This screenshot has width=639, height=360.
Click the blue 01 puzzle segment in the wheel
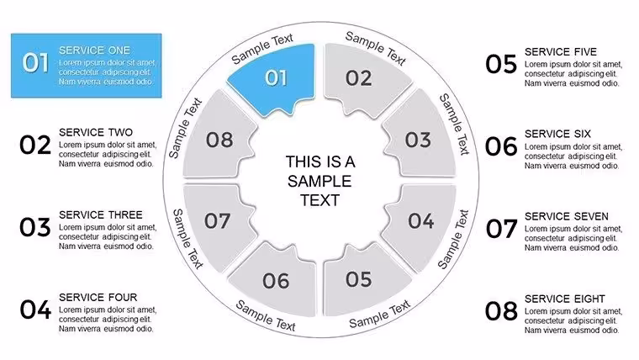tap(277, 78)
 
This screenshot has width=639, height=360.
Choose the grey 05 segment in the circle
tap(362, 281)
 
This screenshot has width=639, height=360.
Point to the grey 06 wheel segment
tap(277, 282)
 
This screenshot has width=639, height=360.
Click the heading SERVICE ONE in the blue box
tap(94, 50)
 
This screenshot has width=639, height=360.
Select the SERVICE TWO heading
tap(96, 133)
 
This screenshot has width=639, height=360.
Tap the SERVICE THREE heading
tap(101, 214)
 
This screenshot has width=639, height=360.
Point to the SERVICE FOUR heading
tap(98, 297)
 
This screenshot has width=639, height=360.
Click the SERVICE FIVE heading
tap(561, 52)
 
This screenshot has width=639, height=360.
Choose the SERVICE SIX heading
tap(557, 134)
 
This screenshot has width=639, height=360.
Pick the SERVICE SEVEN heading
tap(567, 216)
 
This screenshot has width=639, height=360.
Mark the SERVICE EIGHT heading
tap(565, 299)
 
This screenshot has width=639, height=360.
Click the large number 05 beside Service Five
tap(501, 65)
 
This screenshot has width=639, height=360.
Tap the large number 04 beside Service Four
tap(35, 310)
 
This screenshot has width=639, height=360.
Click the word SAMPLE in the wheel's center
tap(319, 181)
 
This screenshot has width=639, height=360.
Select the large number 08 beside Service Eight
tap(501, 311)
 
